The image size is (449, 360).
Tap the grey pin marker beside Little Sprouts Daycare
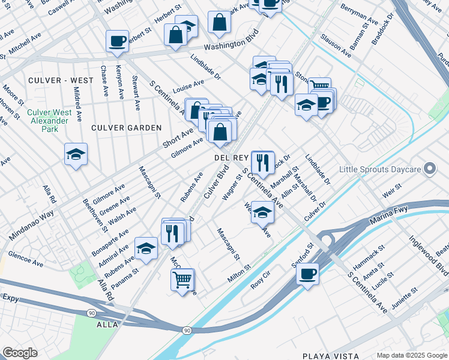tap(429, 169)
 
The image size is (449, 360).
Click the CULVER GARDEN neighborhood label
tap(126, 128)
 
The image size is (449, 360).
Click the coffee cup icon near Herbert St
tap(117, 41)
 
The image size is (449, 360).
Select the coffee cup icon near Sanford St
tap(307, 274)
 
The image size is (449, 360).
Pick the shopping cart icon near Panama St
tap(182, 279)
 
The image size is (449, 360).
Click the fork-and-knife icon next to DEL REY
tap(262, 161)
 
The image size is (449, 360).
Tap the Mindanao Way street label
tap(31, 226)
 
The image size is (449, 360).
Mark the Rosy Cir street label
tap(262, 283)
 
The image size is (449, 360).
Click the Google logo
tap(19, 353)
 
